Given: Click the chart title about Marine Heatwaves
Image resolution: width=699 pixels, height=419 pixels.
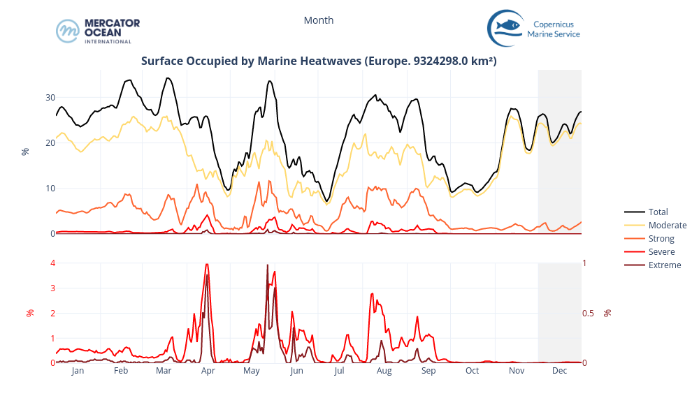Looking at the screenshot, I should [x=319, y=61].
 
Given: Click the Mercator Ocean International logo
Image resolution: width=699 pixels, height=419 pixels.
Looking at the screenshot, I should [x=98, y=31].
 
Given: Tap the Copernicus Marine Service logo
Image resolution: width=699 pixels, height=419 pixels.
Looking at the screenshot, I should [x=534, y=28].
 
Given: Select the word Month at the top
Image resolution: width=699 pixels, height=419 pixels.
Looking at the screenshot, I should [x=319, y=20].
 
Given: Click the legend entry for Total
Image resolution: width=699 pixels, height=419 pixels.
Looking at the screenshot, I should [x=658, y=212].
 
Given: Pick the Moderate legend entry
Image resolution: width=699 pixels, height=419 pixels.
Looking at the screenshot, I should [x=667, y=225].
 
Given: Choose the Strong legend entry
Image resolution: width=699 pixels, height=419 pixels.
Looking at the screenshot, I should [x=661, y=238].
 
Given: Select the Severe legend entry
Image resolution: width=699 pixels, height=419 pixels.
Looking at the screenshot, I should [x=661, y=251].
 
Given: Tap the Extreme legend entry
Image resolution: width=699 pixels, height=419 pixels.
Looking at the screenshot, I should [x=664, y=265].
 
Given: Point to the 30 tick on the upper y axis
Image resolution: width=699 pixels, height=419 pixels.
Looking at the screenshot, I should [x=50, y=98].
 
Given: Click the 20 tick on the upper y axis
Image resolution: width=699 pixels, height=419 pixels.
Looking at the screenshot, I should [x=50, y=143].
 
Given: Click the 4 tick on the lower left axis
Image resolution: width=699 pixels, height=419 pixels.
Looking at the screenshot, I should [x=52, y=263].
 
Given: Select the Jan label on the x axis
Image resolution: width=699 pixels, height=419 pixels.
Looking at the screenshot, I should [x=78, y=371].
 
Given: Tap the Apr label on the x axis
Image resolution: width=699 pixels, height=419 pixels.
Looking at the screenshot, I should [x=208, y=371].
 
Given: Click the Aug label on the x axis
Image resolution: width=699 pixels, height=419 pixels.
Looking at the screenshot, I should [x=384, y=371].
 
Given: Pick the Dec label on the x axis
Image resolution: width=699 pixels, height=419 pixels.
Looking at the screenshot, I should [x=559, y=371].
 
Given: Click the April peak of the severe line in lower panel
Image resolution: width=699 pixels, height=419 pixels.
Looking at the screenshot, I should [x=207, y=264].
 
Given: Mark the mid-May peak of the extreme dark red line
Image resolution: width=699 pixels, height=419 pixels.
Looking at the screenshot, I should [x=267, y=265].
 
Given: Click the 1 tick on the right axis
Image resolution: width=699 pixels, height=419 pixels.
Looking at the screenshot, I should [x=585, y=263].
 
